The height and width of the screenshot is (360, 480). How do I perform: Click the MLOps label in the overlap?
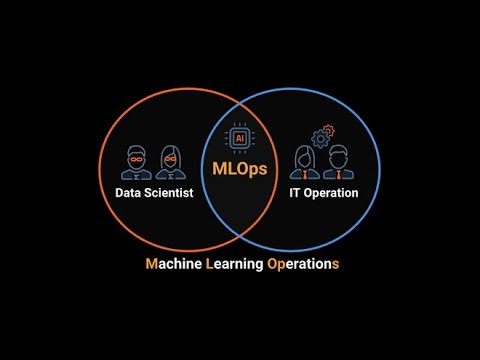[240, 169]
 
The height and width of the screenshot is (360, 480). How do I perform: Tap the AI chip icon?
[240, 138]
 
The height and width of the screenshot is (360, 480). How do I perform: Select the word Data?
[128, 193]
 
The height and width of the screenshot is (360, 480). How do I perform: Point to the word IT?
[294, 193]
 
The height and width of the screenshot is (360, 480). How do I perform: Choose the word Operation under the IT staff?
[331, 193]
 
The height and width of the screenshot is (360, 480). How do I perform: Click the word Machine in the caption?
[174, 264]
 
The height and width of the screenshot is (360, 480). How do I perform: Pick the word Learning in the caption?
[235, 264]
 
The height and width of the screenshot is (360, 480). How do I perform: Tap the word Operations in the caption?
[303, 264]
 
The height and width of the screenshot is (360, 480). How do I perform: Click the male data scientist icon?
[136, 163]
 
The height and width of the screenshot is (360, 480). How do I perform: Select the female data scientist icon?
[171, 163]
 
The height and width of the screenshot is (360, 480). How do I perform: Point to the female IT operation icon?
[305, 162]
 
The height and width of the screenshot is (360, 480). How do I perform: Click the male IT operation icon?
[338, 162]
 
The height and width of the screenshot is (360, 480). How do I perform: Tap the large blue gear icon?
[320, 139]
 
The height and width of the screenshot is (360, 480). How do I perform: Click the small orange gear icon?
[329, 130]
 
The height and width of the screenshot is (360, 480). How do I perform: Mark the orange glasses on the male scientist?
[136, 159]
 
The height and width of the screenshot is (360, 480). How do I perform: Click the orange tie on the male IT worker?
[338, 175]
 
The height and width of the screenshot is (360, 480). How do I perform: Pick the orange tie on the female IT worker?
[305, 175]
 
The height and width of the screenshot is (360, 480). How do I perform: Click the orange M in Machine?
[152, 264]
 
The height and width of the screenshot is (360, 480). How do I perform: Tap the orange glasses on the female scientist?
[171, 159]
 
